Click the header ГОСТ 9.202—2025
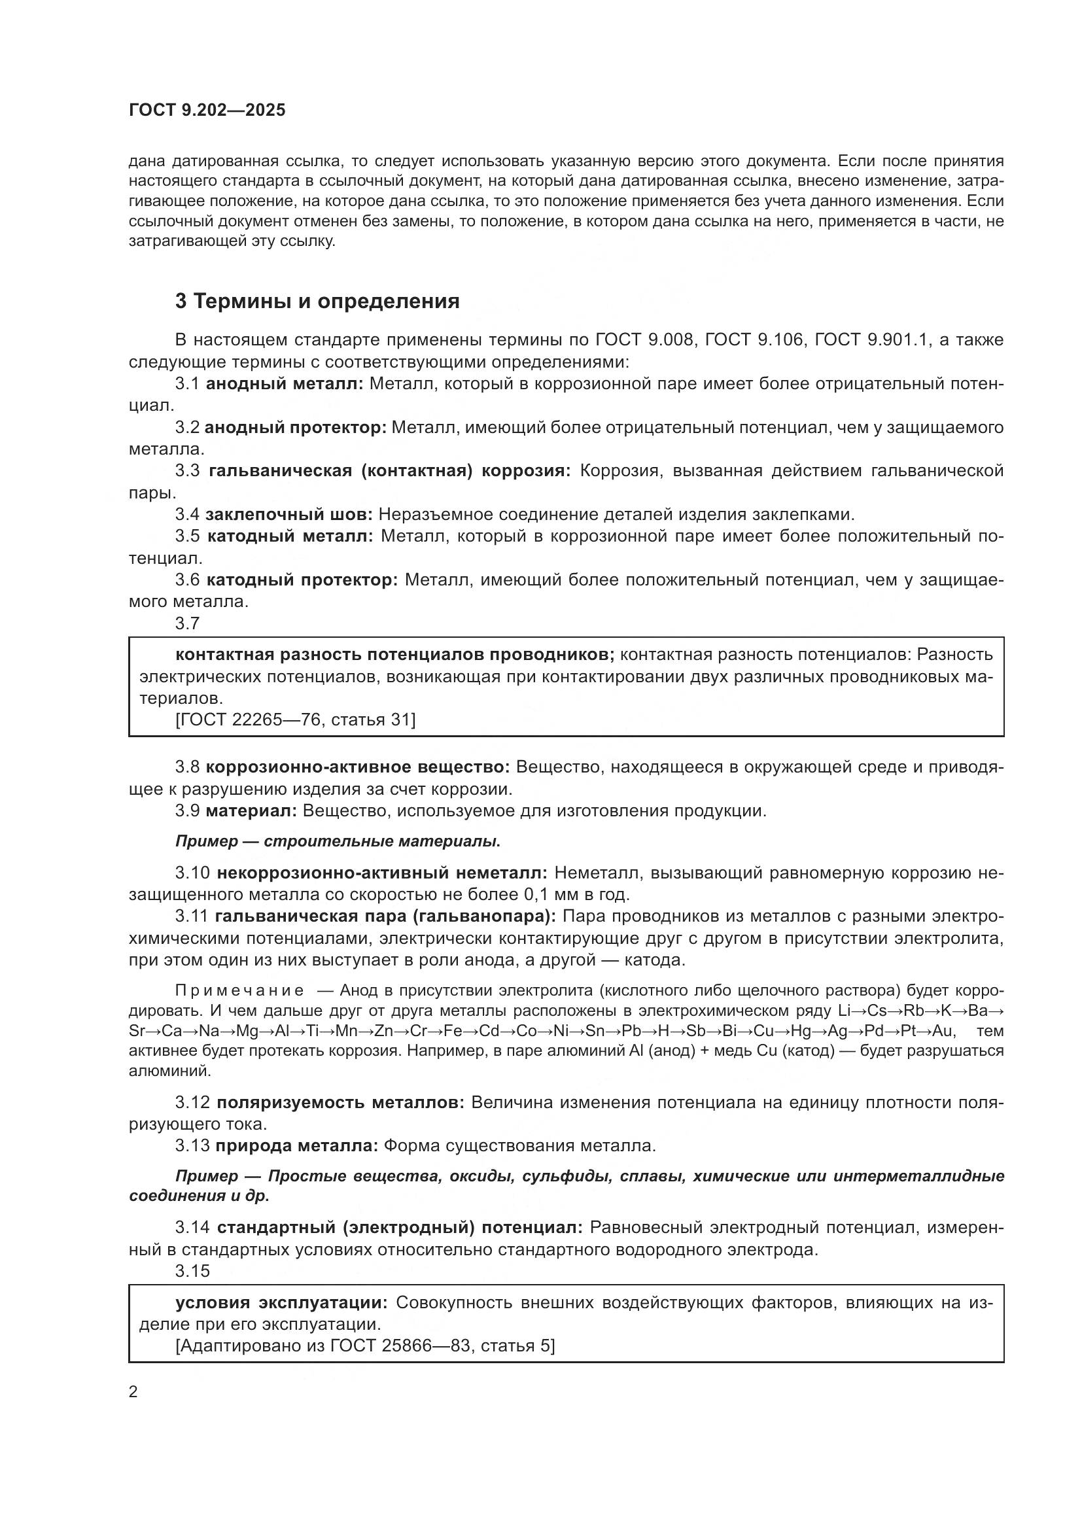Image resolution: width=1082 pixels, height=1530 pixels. pos(207,111)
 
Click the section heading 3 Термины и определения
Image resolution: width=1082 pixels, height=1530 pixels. pos(317,301)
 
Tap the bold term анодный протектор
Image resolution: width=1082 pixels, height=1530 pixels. pos(295,427)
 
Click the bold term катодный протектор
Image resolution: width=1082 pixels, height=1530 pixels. pos(302,580)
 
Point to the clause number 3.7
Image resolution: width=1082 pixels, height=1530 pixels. pos(187,623)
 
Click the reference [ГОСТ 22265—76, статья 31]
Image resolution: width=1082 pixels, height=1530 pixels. pos(295,720)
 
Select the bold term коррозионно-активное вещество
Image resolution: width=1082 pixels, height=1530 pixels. pos(357,767)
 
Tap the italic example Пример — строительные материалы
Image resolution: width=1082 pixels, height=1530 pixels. pos(338,841)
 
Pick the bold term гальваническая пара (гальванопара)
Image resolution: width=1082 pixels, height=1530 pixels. pos(385,916)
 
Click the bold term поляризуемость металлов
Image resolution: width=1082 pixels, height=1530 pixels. pos(340,1102)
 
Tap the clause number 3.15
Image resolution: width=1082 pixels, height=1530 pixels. pos(192,1271)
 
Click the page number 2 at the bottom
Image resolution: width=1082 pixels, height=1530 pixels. pos(133,1392)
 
